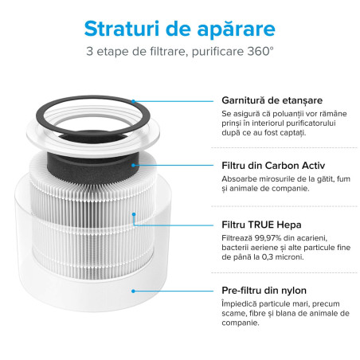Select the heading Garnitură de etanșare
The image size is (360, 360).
coord(260,100)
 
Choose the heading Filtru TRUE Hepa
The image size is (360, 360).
coord(252,225)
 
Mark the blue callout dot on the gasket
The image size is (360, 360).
coord(132,101)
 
